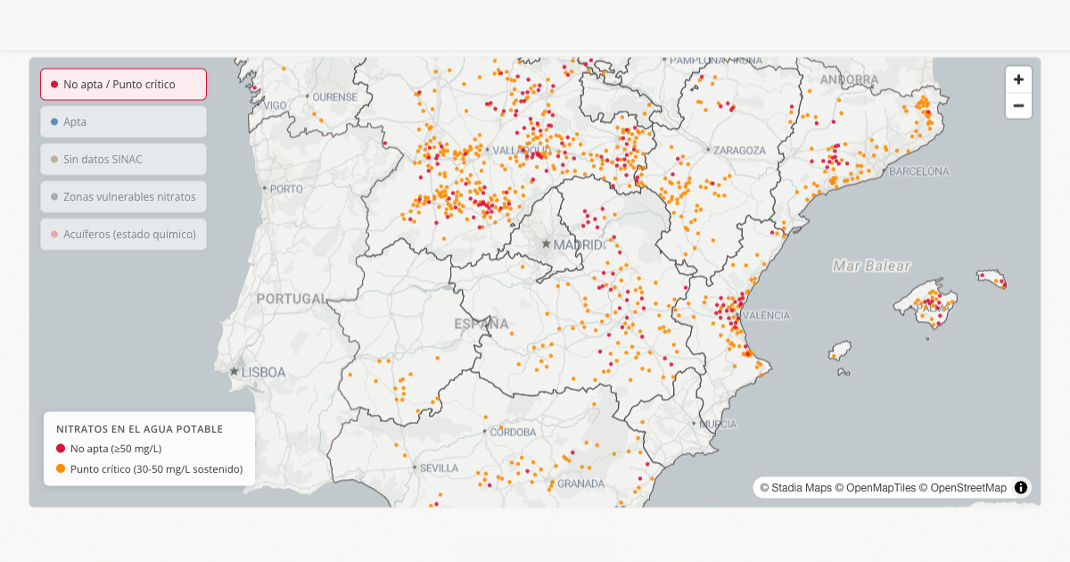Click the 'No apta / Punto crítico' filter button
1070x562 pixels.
click(x=123, y=85)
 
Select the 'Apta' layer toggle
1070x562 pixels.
click(x=123, y=122)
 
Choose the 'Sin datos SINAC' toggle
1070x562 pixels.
click(x=123, y=160)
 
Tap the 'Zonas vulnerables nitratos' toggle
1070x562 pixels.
click(x=123, y=197)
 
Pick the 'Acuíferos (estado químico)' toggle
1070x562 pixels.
click(x=123, y=235)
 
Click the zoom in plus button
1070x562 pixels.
click(x=1018, y=79)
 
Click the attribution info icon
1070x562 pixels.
click(x=1021, y=488)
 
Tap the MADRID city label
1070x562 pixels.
click(x=578, y=244)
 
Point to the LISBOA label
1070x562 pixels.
click(x=263, y=372)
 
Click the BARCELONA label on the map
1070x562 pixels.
click(x=919, y=171)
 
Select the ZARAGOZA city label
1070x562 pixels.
click(x=739, y=151)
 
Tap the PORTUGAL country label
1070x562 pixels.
click(x=292, y=299)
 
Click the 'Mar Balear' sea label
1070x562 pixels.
click(x=871, y=266)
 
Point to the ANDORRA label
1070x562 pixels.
click(x=849, y=80)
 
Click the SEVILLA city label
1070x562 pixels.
click(x=439, y=467)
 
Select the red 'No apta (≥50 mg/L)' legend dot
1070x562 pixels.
click(x=61, y=449)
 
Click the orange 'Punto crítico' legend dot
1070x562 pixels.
click(x=61, y=469)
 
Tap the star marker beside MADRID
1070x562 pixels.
click(x=546, y=244)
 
